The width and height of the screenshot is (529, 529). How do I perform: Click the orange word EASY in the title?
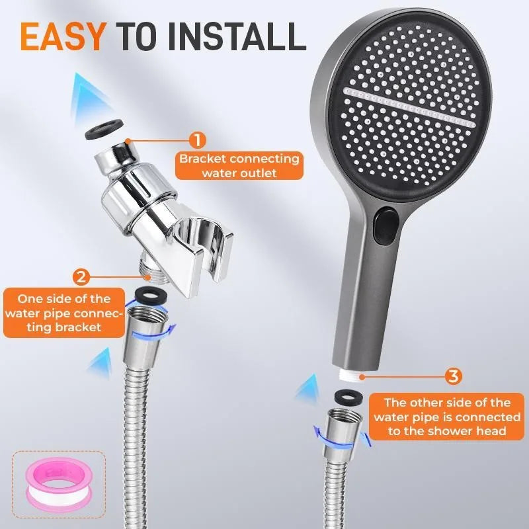(x=63, y=37)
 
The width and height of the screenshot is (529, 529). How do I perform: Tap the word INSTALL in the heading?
(x=237, y=37)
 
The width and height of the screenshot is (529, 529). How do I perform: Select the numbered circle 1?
(x=197, y=140)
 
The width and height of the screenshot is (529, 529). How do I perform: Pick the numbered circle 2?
(x=81, y=277)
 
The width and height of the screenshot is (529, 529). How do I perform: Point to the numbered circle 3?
(x=454, y=376)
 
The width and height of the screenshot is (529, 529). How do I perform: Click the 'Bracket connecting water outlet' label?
(x=239, y=166)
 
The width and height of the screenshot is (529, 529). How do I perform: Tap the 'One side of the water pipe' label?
(x=64, y=313)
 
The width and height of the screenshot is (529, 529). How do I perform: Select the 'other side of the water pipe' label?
(x=447, y=417)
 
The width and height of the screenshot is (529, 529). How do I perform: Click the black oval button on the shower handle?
(x=386, y=225)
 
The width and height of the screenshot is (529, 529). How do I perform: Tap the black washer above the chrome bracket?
(x=104, y=130)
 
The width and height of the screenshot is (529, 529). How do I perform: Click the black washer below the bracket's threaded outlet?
(x=148, y=294)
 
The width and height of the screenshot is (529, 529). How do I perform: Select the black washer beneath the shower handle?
(x=348, y=397)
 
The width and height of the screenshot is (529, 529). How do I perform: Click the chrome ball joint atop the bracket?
(x=116, y=157)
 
